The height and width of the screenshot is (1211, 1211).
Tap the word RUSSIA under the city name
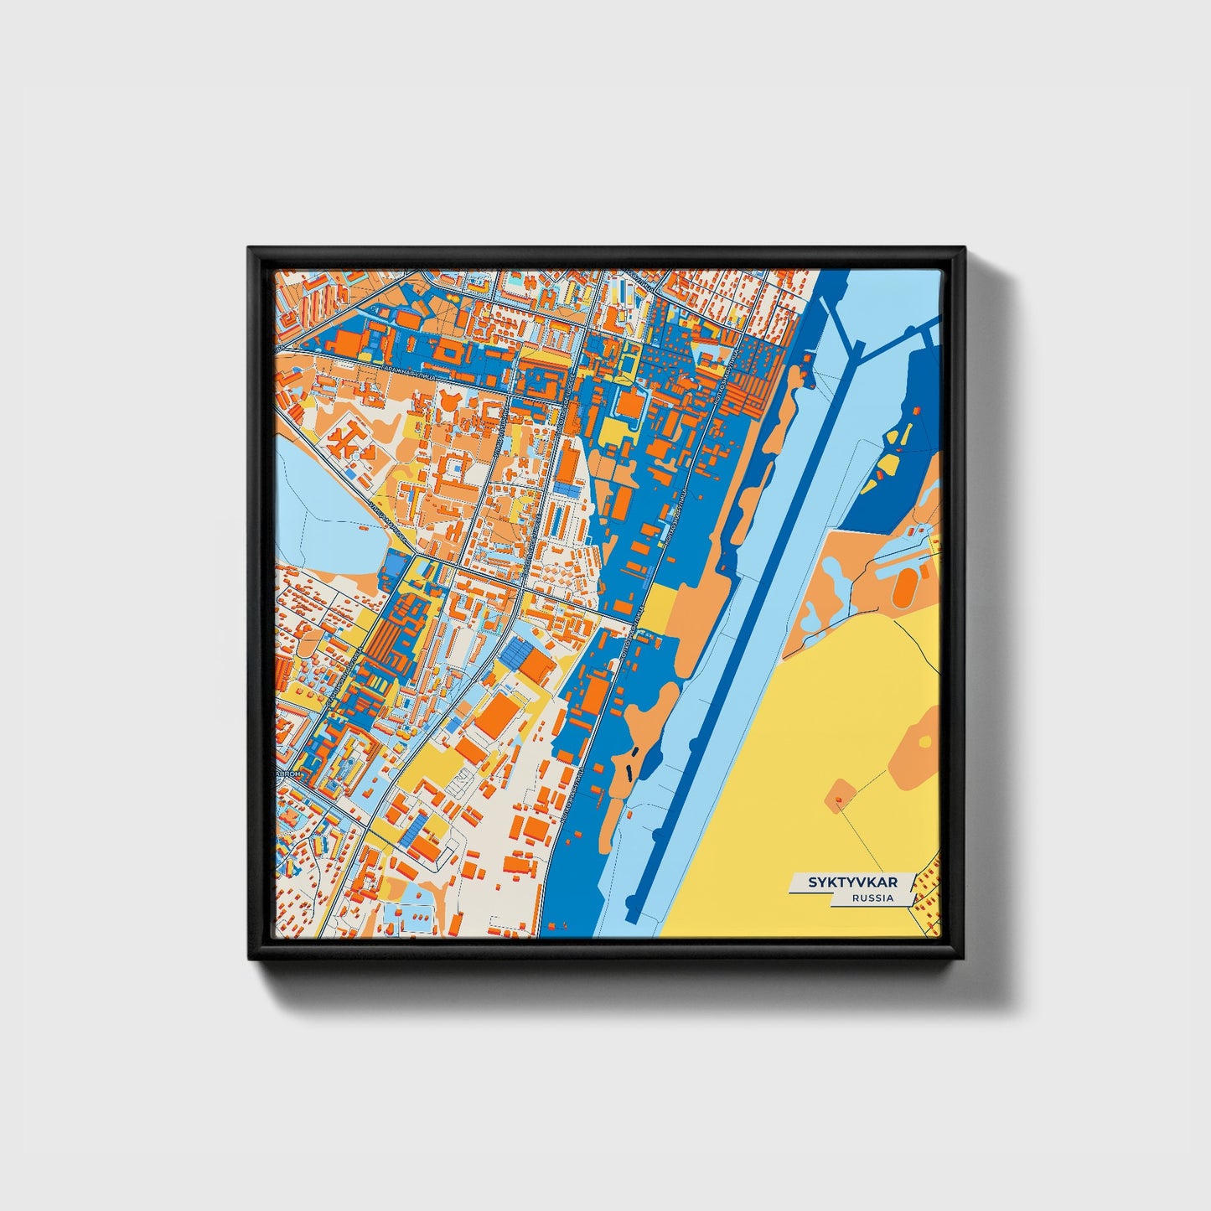tap(872, 898)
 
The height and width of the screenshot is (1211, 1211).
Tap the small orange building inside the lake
tap(362, 528)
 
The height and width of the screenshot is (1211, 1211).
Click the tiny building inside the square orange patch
tap(836, 800)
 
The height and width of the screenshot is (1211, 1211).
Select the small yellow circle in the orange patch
tap(924, 741)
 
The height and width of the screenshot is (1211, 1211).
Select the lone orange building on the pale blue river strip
tap(806, 358)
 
